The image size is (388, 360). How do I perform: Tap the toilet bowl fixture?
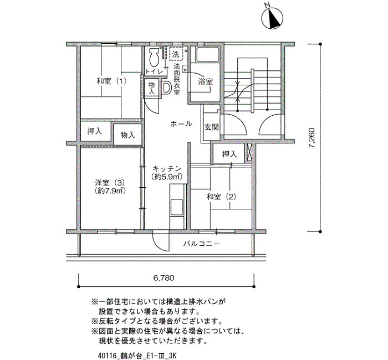click(155, 57)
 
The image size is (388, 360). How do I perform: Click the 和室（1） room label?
click(111, 81)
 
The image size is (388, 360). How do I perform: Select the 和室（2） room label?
click(221, 197)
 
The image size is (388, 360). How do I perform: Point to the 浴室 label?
click(206, 81)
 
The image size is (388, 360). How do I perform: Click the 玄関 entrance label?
click(212, 127)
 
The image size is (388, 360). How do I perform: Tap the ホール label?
click(181, 124)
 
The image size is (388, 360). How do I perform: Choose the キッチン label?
click(167, 168)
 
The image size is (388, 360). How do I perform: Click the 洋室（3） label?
click(110, 183)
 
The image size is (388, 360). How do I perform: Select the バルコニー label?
click(202, 244)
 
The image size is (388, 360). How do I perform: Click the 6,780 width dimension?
click(164, 278)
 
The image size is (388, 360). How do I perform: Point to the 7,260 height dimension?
click(312, 138)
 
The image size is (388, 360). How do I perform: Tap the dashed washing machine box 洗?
click(176, 54)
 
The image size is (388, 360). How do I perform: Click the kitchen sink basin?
click(177, 206)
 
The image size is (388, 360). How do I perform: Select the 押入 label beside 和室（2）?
click(229, 155)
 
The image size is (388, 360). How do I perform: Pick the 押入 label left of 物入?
click(95, 131)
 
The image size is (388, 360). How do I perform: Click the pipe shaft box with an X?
click(249, 151)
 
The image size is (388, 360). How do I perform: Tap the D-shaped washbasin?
click(166, 88)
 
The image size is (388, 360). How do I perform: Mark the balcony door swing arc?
click(161, 241)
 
